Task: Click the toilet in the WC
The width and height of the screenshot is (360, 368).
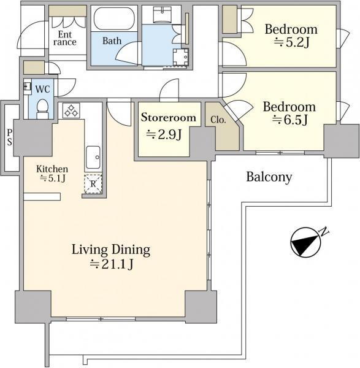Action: coord(42,109)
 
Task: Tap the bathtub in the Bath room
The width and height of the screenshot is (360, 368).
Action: coord(114,18)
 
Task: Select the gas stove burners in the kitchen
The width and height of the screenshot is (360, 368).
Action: coord(71,110)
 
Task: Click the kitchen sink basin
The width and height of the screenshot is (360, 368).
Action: coord(93,157)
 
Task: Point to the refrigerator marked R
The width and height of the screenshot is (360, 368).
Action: coord(93,184)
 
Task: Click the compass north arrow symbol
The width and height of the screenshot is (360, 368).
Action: coord(305,242)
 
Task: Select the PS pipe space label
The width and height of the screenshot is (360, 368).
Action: coord(9,137)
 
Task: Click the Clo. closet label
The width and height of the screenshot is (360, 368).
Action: coord(218,120)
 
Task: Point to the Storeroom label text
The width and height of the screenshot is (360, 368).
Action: coord(169,117)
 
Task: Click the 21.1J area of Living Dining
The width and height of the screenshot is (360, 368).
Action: coord(112,264)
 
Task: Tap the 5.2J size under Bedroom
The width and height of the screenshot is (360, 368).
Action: coord(291,42)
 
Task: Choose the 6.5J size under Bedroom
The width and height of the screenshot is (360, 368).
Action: coord(289,120)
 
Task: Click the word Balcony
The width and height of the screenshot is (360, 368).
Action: coord(269,177)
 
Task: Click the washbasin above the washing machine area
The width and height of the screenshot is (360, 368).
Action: coord(163,15)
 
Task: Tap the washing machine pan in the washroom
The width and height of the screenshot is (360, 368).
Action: coord(181,57)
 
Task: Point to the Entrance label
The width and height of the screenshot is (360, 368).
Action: coord(65,38)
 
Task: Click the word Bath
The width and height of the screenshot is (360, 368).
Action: coord(112,41)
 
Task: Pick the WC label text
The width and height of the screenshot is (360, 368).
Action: coord(42,89)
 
